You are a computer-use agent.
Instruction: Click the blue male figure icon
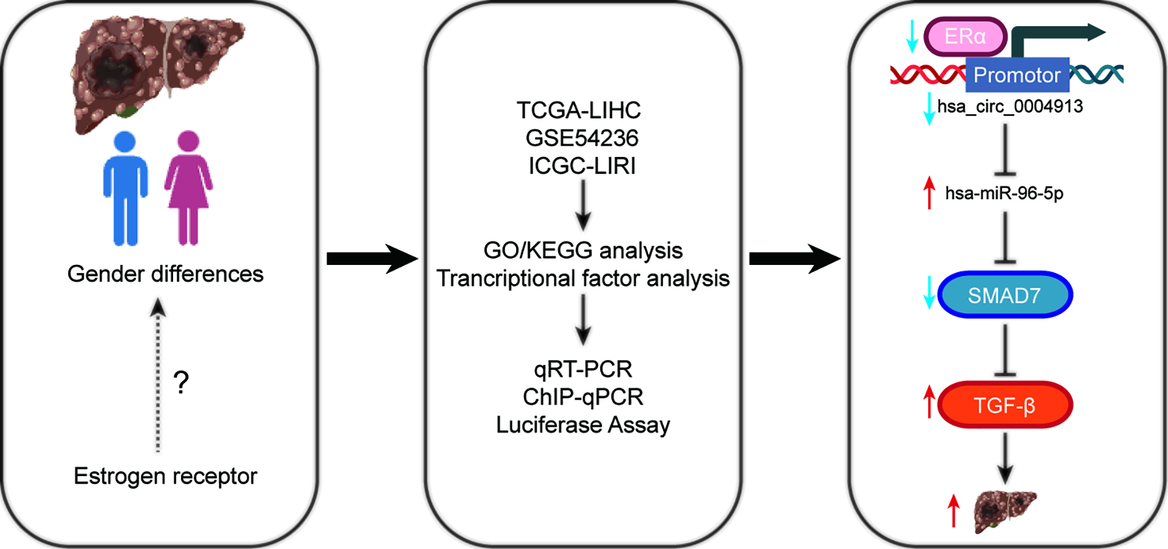pyautogui.click(x=125, y=188)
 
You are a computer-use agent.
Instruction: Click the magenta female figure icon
pyautogui.click(x=188, y=188)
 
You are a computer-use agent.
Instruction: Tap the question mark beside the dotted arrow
pyautogui.click(x=180, y=383)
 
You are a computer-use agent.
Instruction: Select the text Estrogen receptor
pyautogui.click(x=165, y=476)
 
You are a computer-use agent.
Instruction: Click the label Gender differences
pyautogui.click(x=165, y=274)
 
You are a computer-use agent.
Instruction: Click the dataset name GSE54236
pyautogui.click(x=582, y=138)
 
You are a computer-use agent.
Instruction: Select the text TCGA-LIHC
pyautogui.click(x=579, y=111)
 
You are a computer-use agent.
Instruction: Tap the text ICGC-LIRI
pyautogui.click(x=582, y=166)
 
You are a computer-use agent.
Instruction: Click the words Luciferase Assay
pyautogui.click(x=583, y=425)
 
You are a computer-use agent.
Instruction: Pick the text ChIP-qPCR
pyautogui.click(x=583, y=396)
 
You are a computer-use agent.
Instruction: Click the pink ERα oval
pyautogui.click(x=965, y=36)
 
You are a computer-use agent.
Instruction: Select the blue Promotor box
pyautogui.click(x=1017, y=75)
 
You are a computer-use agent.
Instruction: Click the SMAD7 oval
pyautogui.click(x=1005, y=295)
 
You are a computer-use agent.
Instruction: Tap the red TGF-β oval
pyautogui.click(x=1005, y=405)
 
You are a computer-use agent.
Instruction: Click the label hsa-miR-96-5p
pyautogui.click(x=1004, y=193)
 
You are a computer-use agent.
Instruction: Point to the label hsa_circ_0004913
pyautogui.click(x=1010, y=106)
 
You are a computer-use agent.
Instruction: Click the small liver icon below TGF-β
pyautogui.click(x=1004, y=511)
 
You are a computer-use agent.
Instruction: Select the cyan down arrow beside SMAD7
pyautogui.click(x=929, y=293)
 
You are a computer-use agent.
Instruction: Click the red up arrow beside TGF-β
pyautogui.click(x=929, y=401)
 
